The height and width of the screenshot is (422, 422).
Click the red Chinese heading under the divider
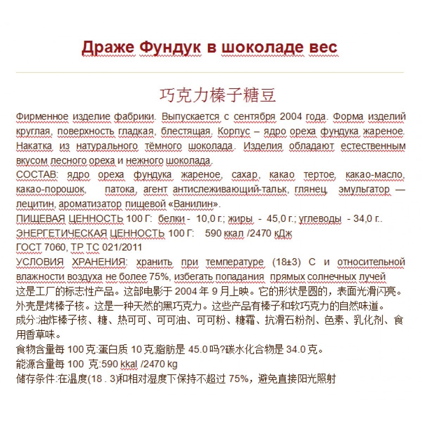click(218, 95)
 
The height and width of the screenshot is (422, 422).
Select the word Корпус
click(234, 131)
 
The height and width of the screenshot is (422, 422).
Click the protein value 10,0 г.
click(210, 218)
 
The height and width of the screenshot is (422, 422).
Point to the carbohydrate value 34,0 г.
click(367, 218)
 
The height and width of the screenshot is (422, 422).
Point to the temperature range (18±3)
click(287, 262)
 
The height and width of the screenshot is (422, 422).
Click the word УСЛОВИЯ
click(40, 262)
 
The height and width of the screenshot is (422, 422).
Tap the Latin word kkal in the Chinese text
click(129, 364)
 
